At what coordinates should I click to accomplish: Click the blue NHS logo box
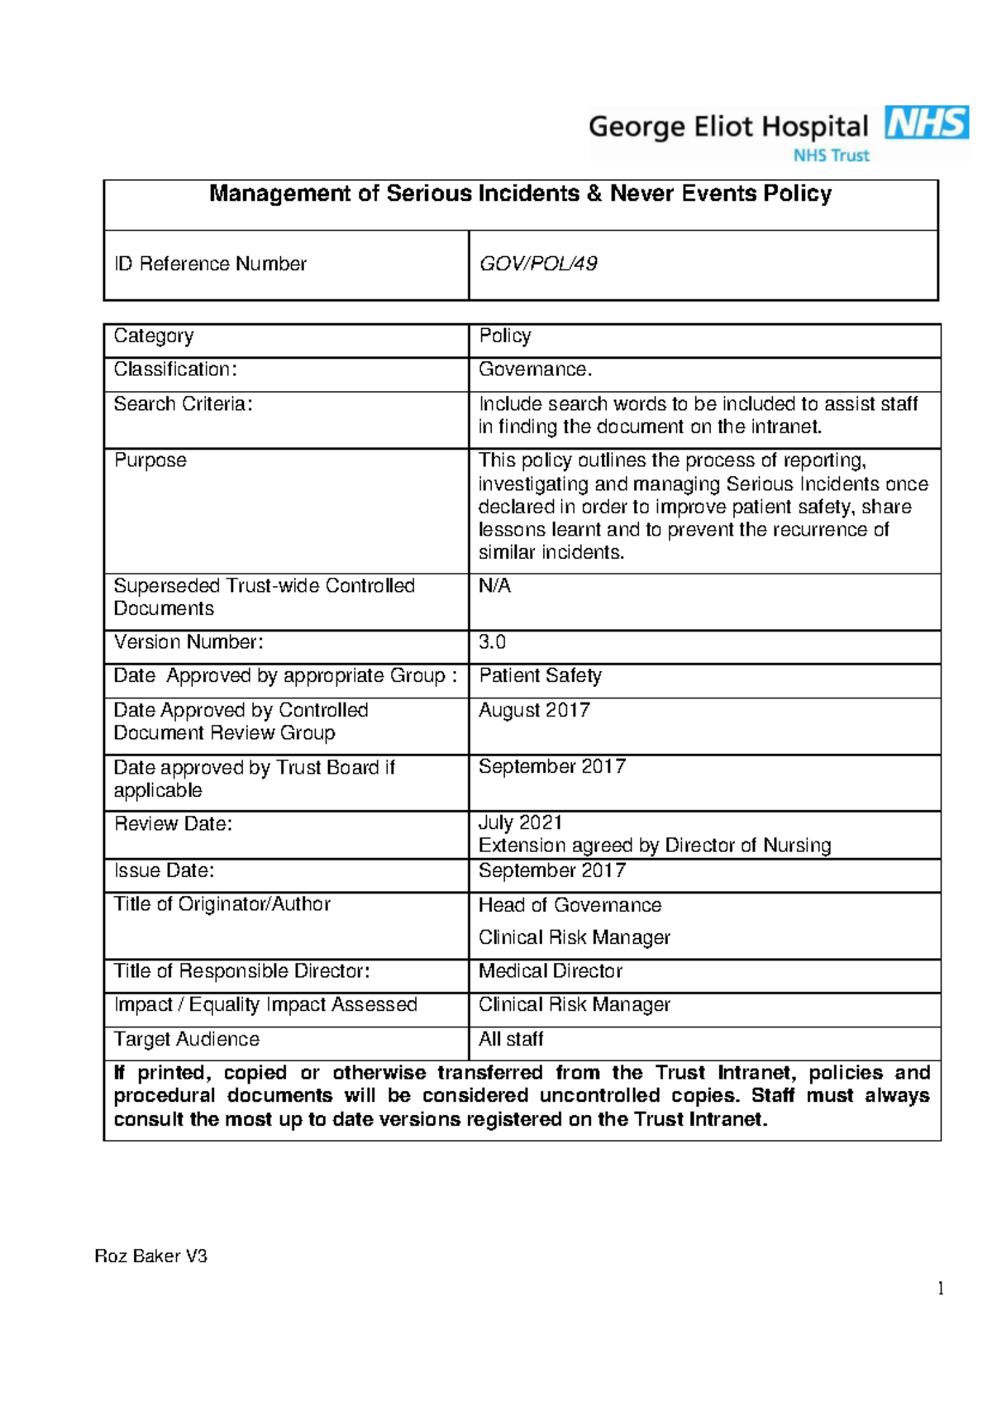(x=927, y=123)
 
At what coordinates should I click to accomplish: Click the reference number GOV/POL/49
(x=538, y=264)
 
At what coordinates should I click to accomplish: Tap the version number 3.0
(x=492, y=642)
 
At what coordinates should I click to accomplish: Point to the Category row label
(x=154, y=336)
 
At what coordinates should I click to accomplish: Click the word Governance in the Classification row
(x=534, y=369)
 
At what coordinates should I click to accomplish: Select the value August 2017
(x=534, y=710)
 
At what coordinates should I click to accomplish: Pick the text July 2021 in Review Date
(x=520, y=822)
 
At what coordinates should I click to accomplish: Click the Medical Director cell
(x=551, y=970)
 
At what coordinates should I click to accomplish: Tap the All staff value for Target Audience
(x=511, y=1039)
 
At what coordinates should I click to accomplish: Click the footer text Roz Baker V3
(x=150, y=1256)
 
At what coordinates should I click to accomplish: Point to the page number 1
(x=941, y=1288)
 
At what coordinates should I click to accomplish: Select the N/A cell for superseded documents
(x=494, y=586)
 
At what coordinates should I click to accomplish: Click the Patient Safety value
(x=540, y=675)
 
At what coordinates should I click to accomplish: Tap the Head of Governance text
(x=570, y=905)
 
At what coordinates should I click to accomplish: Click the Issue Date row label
(x=164, y=870)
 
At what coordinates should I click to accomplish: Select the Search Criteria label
(x=183, y=404)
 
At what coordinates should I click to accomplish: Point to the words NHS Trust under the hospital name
(x=831, y=155)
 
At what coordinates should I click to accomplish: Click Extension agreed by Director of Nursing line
(x=655, y=846)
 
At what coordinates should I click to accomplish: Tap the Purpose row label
(x=150, y=460)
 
